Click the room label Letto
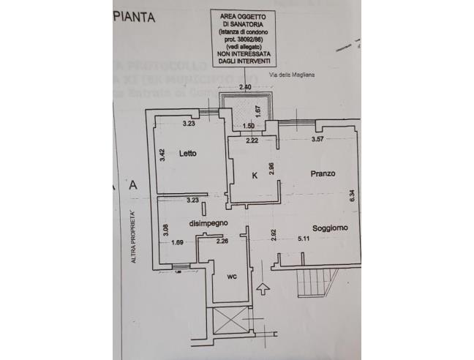(x=173, y=154)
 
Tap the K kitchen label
(x=254, y=176)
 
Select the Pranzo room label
(x=322, y=173)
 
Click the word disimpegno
(x=210, y=222)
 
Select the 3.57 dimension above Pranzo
(x=317, y=139)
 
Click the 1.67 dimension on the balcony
(x=258, y=112)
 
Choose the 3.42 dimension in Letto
(x=162, y=155)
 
